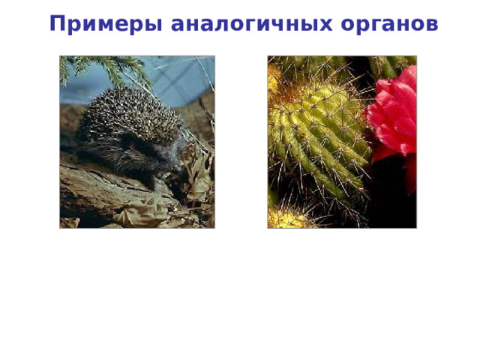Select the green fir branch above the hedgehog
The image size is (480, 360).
pos(105,67)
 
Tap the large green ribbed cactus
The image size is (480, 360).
pos(319,142)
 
